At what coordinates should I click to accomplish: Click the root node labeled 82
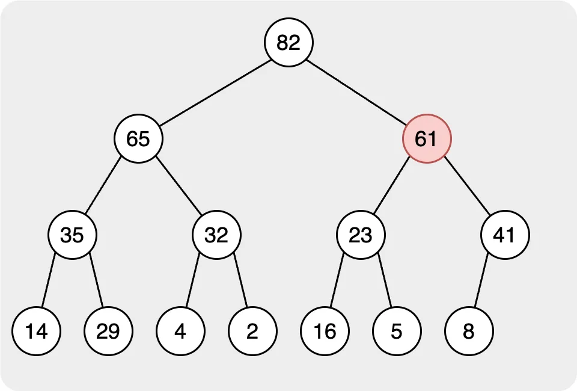[x=288, y=42]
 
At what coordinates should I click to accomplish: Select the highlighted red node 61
[x=426, y=139]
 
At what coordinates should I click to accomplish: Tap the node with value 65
[x=138, y=139]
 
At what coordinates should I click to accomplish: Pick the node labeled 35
[x=72, y=235]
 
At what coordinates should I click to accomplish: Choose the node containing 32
[x=216, y=235]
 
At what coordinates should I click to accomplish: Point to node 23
[x=361, y=235]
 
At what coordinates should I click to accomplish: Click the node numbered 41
[x=505, y=235]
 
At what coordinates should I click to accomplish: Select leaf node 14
[x=36, y=331]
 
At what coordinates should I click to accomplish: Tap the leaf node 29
[x=108, y=331]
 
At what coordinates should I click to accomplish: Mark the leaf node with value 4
[x=180, y=331]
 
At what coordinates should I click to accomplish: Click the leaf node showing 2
[x=252, y=331]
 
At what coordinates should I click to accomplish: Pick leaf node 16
[x=325, y=331]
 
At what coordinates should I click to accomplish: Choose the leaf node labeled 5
[x=397, y=331]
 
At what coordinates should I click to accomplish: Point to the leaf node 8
[x=469, y=331]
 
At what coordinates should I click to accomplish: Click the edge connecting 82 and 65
[x=213, y=90]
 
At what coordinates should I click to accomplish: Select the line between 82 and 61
[x=358, y=90]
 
